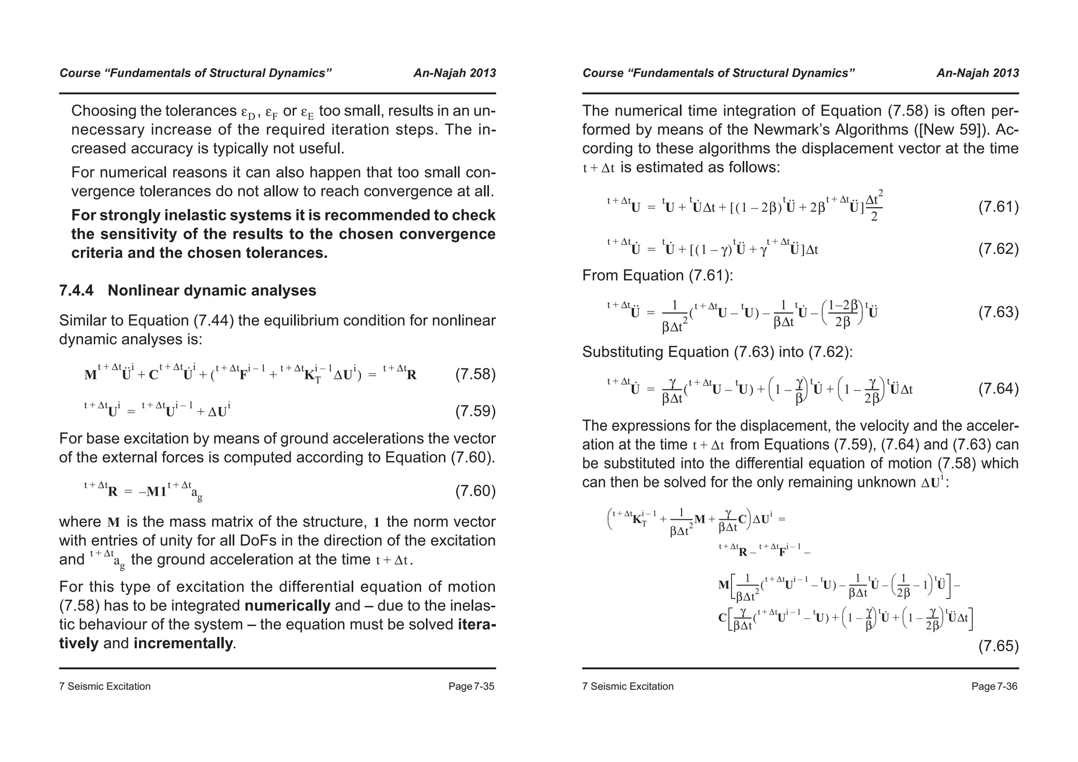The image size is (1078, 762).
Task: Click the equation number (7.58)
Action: pos(475,375)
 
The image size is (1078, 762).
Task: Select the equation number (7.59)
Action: pos(475,411)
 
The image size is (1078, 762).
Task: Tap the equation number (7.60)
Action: pos(475,491)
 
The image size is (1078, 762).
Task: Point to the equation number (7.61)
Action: pos(998,207)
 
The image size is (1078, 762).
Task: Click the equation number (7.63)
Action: pos(998,313)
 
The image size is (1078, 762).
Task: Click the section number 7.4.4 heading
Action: pos(76,290)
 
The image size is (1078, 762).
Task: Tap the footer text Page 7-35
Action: pos(471,686)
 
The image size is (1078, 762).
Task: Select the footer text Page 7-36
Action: pos(994,686)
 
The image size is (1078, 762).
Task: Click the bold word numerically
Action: pos(287,606)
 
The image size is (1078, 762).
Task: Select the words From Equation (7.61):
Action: pos(657,275)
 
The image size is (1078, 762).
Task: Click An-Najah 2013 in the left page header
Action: pos(454,73)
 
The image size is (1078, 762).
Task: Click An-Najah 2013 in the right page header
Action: pos(977,73)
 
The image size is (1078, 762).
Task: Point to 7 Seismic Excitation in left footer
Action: pos(105,686)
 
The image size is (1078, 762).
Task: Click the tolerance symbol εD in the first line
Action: pos(248,113)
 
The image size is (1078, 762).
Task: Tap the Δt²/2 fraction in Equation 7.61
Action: pos(874,206)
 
